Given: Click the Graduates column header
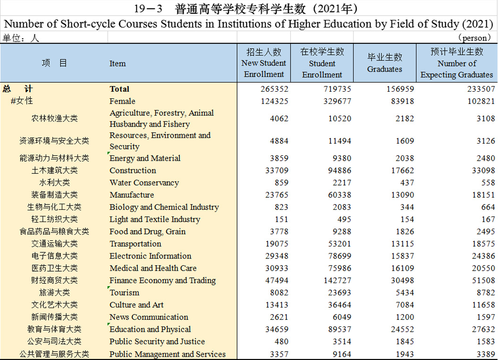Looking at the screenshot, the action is tap(385, 63).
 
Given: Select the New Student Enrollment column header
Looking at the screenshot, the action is tap(263, 63).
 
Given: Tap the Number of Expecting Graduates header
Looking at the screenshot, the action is tap(457, 63).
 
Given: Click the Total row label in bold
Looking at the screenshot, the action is tap(119, 89).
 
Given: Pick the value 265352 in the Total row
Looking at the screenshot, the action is tap(274, 89).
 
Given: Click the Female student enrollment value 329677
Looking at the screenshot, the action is tap(338, 101).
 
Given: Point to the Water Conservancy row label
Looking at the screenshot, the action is tap(144, 183).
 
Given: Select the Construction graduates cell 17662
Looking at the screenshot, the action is tap(402, 170).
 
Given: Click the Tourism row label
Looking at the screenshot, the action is tap(125, 292).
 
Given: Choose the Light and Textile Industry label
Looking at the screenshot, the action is tap(155, 219).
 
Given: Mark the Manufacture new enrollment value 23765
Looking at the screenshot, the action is tap(277, 195).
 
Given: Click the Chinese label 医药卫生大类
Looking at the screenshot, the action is tap(54, 268).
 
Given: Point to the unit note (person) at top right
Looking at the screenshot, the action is tap(474, 38).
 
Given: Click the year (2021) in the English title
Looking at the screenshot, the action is tap(477, 24).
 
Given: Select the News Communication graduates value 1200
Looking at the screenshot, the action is tap(405, 317).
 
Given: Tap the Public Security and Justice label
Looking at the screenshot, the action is tap(157, 342).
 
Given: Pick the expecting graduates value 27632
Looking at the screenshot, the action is tap(483, 329).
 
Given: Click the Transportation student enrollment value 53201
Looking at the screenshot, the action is tap(339, 244).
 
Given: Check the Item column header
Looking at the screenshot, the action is tap(118, 64).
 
